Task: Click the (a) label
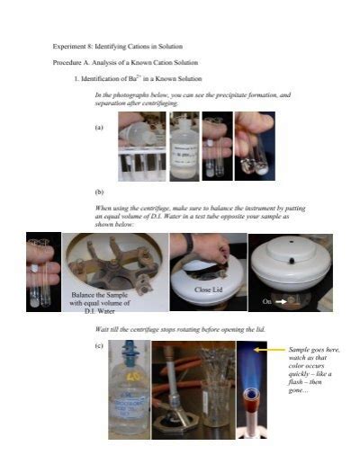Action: pyautogui.click(x=99, y=128)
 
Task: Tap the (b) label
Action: pyautogui.click(x=99, y=192)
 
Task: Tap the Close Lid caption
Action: pyautogui.click(x=208, y=290)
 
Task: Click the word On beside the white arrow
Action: pyautogui.click(x=267, y=302)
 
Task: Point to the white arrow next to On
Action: pyautogui.click(x=281, y=302)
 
